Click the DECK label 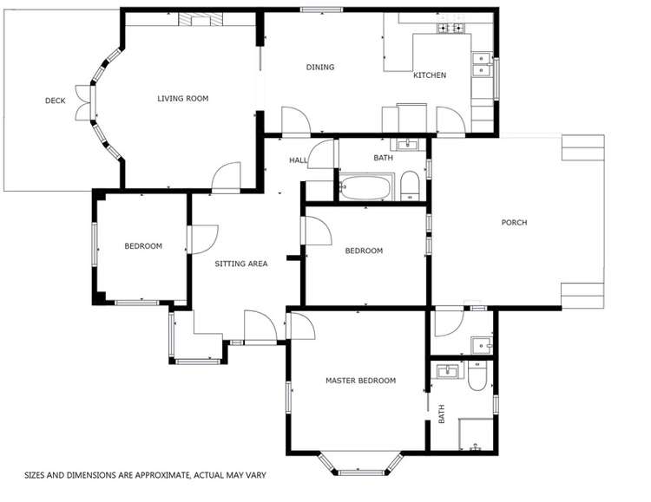coord(55,101)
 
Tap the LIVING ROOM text coord(182,99)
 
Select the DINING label coord(319,68)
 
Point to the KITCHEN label coord(429,75)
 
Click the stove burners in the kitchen coord(451,29)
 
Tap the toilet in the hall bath coord(411,186)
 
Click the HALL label coord(298,160)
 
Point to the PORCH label coord(514,223)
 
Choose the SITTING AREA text coord(240,264)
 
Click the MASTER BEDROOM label coord(360,381)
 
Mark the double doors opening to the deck coord(84,103)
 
